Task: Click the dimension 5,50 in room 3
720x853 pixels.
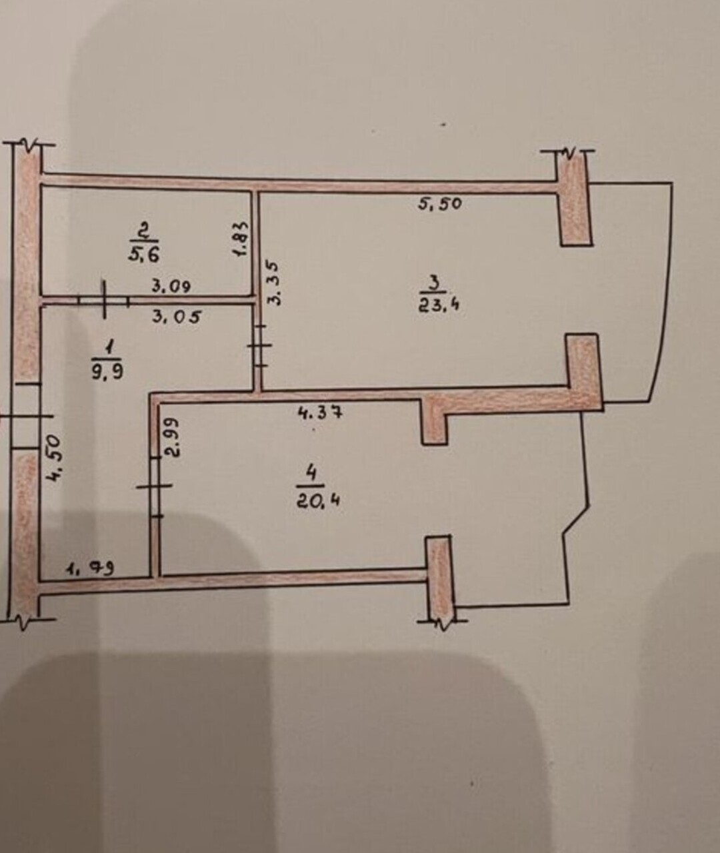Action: click(x=439, y=203)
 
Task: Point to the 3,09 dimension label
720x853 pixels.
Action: click(x=171, y=287)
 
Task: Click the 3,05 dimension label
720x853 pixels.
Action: click(x=177, y=317)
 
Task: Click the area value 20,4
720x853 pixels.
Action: click(x=318, y=502)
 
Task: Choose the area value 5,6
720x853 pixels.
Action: click(x=144, y=255)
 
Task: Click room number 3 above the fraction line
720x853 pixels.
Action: click(x=435, y=282)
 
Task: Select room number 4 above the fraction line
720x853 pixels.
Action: click(x=311, y=474)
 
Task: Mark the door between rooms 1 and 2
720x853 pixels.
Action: click(x=104, y=299)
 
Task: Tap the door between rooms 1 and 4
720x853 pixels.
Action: click(x=155, y=486)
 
